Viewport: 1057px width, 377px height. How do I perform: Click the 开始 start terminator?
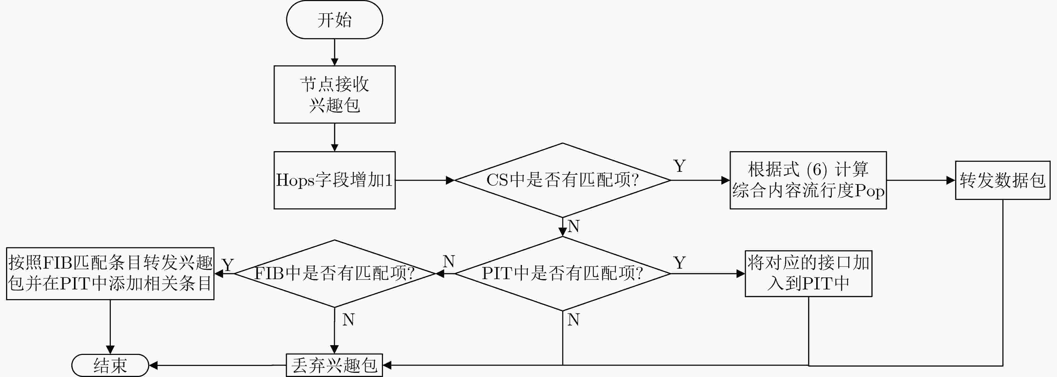[335, 20]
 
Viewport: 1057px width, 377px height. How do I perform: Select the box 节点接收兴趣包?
[335, 94]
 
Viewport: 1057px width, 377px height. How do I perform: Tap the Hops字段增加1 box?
[335, 180]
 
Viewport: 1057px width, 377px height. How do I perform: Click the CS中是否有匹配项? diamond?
[562, 180]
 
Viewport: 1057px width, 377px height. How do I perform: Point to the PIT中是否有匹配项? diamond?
[562, 273]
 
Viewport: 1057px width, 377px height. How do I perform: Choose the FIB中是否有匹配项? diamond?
[335, 273]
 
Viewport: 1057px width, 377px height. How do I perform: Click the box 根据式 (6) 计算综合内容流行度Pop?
[808, 180]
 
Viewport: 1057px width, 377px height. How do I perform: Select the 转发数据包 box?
[1003, 180]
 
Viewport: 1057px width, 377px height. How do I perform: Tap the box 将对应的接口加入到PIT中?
[808, 273]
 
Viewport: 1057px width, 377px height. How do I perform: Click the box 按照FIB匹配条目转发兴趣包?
[110, 273]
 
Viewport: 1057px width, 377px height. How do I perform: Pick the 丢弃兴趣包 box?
[335, 365]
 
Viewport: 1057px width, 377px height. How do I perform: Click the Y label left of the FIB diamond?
[228, 265]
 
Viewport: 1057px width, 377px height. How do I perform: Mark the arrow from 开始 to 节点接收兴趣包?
[335, 52]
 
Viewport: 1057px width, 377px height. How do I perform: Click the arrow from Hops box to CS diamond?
[425, 180]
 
